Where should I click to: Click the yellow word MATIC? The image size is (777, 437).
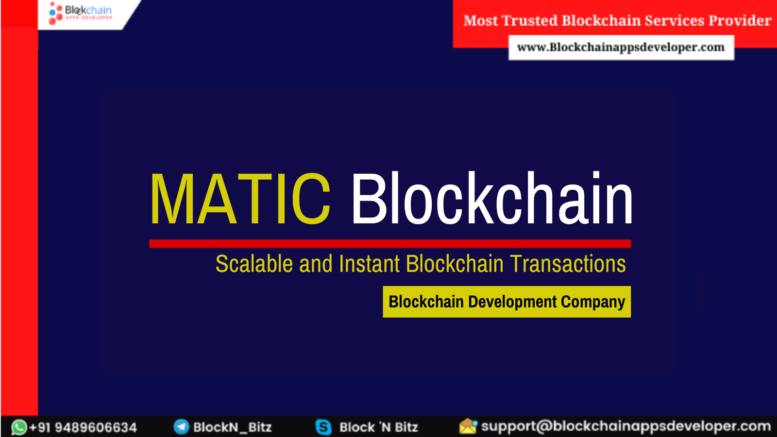240,200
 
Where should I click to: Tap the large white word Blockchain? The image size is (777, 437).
491,200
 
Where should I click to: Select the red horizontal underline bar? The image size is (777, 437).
390,243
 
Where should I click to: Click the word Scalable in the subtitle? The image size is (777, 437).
254,264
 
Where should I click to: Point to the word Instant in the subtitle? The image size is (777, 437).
370,264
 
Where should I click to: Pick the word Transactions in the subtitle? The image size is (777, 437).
568,264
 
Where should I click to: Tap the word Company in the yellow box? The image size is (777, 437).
593,302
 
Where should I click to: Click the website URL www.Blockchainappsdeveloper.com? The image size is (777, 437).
621,48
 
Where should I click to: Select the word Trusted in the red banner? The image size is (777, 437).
530,21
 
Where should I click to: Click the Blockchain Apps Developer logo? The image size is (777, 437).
81,13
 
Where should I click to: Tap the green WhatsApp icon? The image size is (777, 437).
19,427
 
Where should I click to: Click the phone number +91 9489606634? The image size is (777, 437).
83,428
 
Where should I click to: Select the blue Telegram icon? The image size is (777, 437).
181,427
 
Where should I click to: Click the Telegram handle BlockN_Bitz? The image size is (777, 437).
232,427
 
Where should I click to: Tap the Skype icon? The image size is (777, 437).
323,427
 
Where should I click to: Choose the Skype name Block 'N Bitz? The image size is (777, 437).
378,427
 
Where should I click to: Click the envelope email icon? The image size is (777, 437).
468,426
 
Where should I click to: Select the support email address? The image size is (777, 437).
625,426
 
